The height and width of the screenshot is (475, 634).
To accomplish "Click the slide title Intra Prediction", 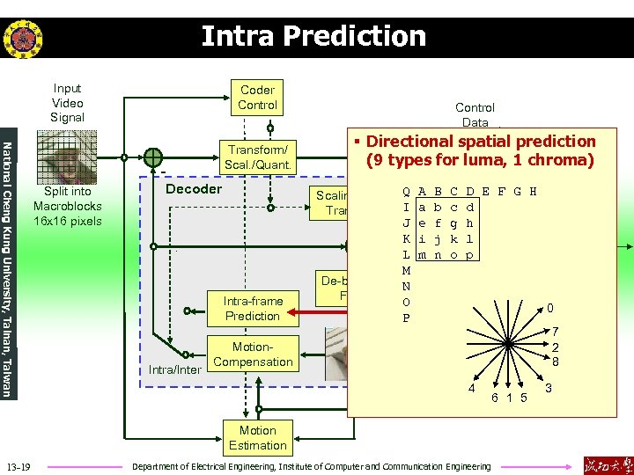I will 313,36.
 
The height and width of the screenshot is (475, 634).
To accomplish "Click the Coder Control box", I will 257,98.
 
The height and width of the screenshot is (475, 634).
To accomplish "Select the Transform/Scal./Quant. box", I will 259,157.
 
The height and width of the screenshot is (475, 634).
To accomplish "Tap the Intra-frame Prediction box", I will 252,309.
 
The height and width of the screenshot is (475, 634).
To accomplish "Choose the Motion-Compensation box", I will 253,354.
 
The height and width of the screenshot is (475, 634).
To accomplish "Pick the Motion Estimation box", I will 257,437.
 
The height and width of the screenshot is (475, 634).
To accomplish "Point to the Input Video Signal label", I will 67,103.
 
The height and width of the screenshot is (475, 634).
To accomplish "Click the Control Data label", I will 475,114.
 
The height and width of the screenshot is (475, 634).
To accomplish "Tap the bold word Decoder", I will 194,189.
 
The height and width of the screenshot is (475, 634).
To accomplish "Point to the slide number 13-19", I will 18,465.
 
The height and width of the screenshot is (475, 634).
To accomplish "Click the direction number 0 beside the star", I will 549,309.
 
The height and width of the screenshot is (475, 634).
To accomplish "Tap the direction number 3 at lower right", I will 549,388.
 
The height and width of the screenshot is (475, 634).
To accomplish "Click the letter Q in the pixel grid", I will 405,191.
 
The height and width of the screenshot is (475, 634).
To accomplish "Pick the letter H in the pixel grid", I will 534,191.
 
